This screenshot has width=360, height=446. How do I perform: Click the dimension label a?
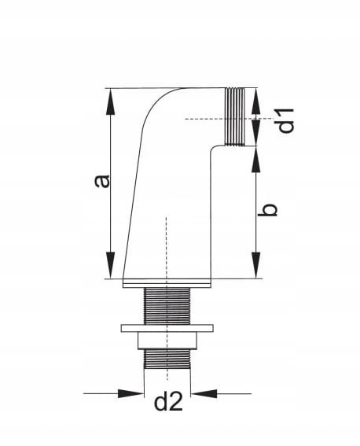point(101,182)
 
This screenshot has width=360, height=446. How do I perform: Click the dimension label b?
point(267,210)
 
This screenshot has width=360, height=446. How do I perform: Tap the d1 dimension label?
point(285,120)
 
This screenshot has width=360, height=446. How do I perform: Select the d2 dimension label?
point(168,402)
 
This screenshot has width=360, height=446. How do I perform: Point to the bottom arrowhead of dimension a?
point(110,265)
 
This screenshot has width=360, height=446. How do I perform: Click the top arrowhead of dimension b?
point(255,159)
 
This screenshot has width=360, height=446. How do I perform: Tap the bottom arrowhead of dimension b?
point(256,265)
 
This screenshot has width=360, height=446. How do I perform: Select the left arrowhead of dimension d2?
point(130,393)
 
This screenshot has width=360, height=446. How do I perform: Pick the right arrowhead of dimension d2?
point(204,393)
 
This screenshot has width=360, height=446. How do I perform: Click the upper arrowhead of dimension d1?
point(255,101)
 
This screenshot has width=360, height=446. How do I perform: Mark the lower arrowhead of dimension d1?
point(255,133)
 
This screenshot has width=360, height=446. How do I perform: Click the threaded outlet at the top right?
point(235,116)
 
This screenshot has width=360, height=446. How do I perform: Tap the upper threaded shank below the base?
point(167,306)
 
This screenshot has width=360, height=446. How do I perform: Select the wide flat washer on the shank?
point(167,328)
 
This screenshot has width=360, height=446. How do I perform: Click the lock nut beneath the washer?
point(167,341)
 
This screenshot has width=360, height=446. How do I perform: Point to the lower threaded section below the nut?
point(167,359)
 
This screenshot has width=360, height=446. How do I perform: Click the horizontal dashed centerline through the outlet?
point(226,119)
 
